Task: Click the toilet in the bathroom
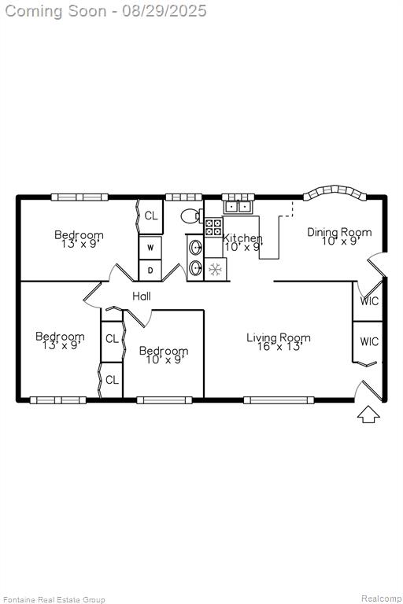coord(192,216)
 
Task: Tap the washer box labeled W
coord(150,247)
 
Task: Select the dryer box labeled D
coord(150,270)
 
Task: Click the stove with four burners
coord(213,226)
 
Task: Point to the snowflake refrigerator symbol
coord(215,269)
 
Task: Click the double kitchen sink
coord(238,207)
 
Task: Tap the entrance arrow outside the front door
coord(368,414)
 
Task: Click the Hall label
coord(142,296)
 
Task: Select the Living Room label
coord(279,338)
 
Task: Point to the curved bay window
coord(335,193)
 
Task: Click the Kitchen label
coord(242,238)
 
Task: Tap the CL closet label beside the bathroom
coord(151,215)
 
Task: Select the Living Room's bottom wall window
coord(279,400)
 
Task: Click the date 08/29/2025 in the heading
coord(165,11)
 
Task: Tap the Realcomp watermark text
coord(381,598)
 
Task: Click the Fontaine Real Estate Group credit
coord(54,600)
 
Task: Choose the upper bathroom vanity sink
coord(195,247)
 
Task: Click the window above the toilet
coord(183,197)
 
